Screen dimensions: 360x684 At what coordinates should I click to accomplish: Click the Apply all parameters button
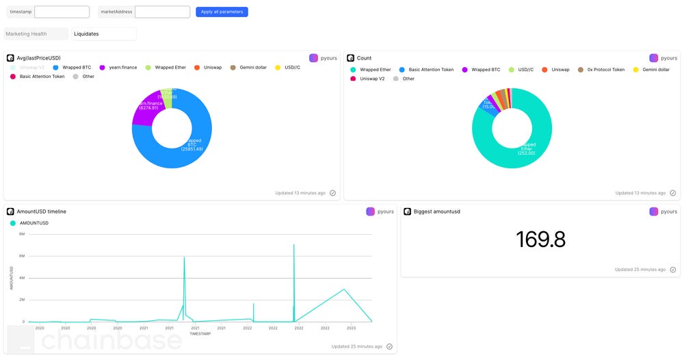(x=222, y=12)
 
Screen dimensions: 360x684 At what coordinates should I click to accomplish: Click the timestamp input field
(x=62, y=12)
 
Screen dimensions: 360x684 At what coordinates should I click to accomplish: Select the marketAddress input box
(x=162, y=12)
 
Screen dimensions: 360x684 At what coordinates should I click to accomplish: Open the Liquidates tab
(x=104, y=34)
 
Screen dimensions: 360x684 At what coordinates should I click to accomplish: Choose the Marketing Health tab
(x=36, y=34)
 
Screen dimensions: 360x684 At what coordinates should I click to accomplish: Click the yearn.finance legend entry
(x=118, y=68)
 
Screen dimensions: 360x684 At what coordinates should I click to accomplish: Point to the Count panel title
(x=364, y=58)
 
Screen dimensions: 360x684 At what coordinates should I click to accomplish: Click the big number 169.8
(x=540, y=239)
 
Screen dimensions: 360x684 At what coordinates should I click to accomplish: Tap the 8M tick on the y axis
(x=22, y=234)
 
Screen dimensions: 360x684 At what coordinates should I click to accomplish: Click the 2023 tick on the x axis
(x=351, y=329)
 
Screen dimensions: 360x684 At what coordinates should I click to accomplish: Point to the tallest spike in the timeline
(x=294, y=245)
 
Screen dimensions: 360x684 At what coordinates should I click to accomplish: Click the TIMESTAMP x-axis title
(x=200, y=334)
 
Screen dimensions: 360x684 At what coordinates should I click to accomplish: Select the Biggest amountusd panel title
(x=436, y=211)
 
